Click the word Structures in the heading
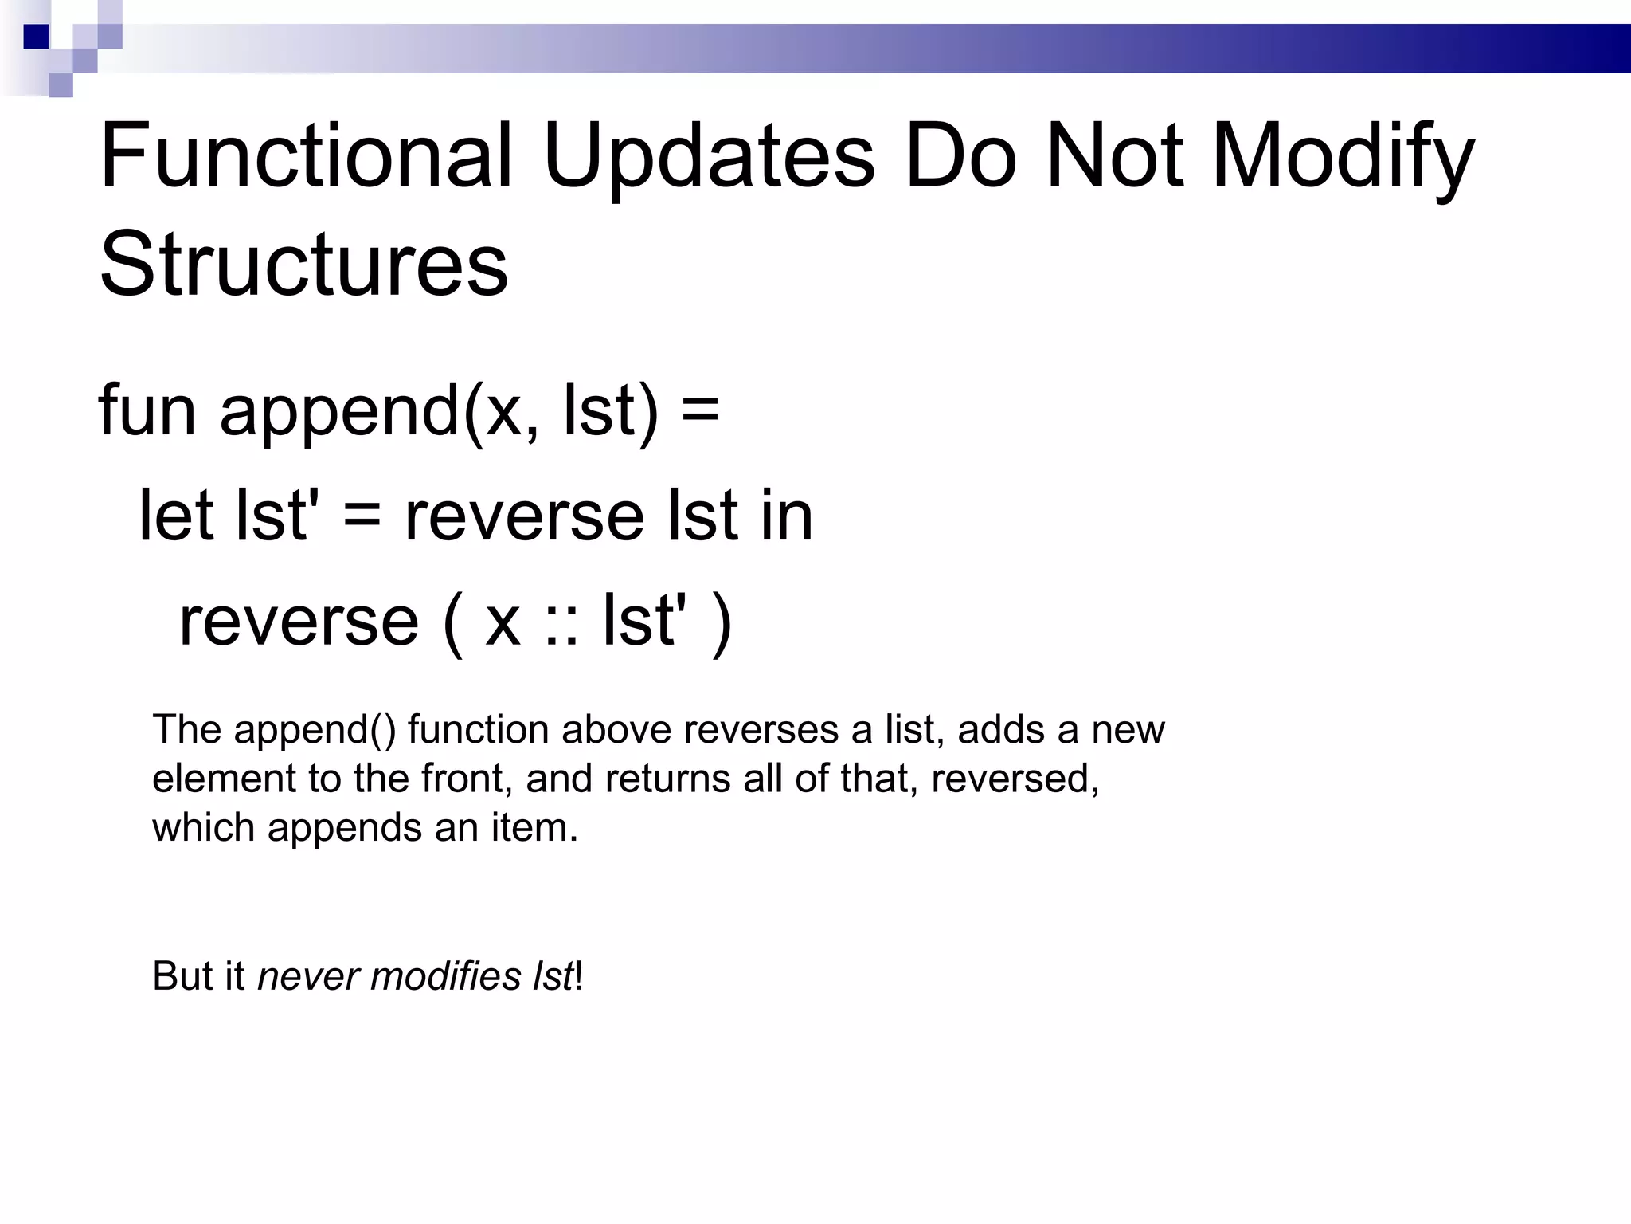click(303, 264)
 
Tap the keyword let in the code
click(176, 515)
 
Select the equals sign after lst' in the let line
click(362, 516)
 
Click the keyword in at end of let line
click(786, 515)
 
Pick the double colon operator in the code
click(561, 622)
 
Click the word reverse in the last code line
click(299, 622)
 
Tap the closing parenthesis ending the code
click(722, 622)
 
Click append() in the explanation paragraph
click(314, 729)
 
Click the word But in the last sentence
click(180, 976)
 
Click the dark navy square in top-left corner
click(36, 37)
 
